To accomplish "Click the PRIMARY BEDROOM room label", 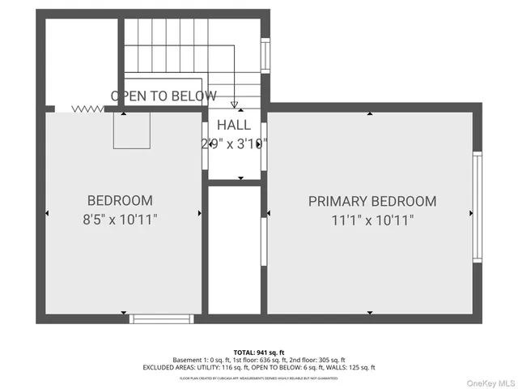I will (x=372, y=201).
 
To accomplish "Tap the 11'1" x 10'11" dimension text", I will (x=372, y=220).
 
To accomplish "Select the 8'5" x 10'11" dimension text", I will (x=120, y=219).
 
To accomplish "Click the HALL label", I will (x=234, y=126).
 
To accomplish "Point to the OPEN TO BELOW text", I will (x=163, y=96).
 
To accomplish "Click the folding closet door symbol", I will (x=88, y=108).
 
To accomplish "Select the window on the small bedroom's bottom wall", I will (x=164, y=318).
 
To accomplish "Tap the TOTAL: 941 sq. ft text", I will (x=258, y=353).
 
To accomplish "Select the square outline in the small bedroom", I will (x=132, y=131).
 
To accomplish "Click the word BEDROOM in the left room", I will (x=120, y=200).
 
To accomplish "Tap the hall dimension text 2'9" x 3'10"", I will (x=234, y=143).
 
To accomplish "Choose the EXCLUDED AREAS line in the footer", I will (x=258, y=368).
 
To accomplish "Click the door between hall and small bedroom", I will (x=205, y=146).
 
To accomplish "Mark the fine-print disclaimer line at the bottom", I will (x=258, y=378).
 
